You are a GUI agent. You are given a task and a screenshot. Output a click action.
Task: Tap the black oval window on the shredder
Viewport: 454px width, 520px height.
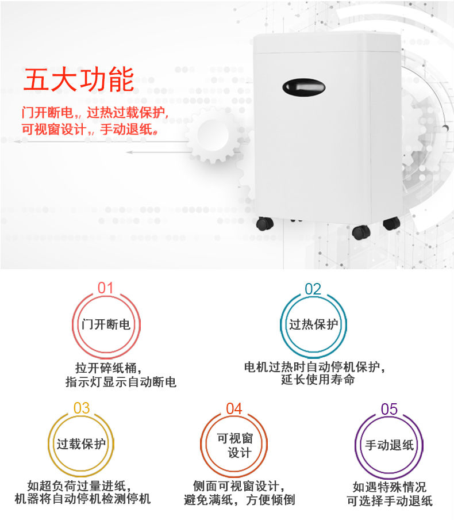[303, 87]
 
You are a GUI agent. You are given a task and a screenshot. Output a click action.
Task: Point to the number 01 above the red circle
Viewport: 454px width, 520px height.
[105, 288]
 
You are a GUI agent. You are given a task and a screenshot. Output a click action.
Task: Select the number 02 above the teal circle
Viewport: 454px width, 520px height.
[313, 289]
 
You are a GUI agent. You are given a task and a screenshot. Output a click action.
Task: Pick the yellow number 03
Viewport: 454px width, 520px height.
[82, 408]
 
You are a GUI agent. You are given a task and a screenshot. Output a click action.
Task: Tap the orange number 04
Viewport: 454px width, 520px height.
[234, 408]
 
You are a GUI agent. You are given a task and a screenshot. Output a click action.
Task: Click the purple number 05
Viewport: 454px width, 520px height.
[389, 409]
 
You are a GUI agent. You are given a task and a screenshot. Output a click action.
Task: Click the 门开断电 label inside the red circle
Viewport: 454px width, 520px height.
[106, 324]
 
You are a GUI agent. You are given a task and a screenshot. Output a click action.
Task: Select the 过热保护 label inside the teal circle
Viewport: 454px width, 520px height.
[314, 324]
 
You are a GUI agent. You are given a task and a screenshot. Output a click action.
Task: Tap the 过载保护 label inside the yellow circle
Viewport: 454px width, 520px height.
[81, 443]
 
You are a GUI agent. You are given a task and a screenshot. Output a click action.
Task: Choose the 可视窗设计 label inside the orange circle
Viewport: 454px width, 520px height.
[234, 445]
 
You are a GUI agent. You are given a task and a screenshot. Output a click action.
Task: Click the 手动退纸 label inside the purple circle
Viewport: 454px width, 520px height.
[390, 445]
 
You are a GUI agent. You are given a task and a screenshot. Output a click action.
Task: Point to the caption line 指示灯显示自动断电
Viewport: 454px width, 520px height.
[121, 382]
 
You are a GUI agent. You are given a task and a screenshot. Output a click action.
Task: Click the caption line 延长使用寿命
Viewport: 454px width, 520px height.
[318, 380]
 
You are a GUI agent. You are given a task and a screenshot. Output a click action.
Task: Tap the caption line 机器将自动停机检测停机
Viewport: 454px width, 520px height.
[83, 499]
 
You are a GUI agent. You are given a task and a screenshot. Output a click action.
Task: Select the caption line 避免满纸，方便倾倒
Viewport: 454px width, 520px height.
[239, 500]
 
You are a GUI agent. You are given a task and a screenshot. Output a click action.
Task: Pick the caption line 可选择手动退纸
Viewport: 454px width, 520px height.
[390, 501]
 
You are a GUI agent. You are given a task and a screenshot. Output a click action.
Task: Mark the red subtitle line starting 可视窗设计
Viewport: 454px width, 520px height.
[90, 129]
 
